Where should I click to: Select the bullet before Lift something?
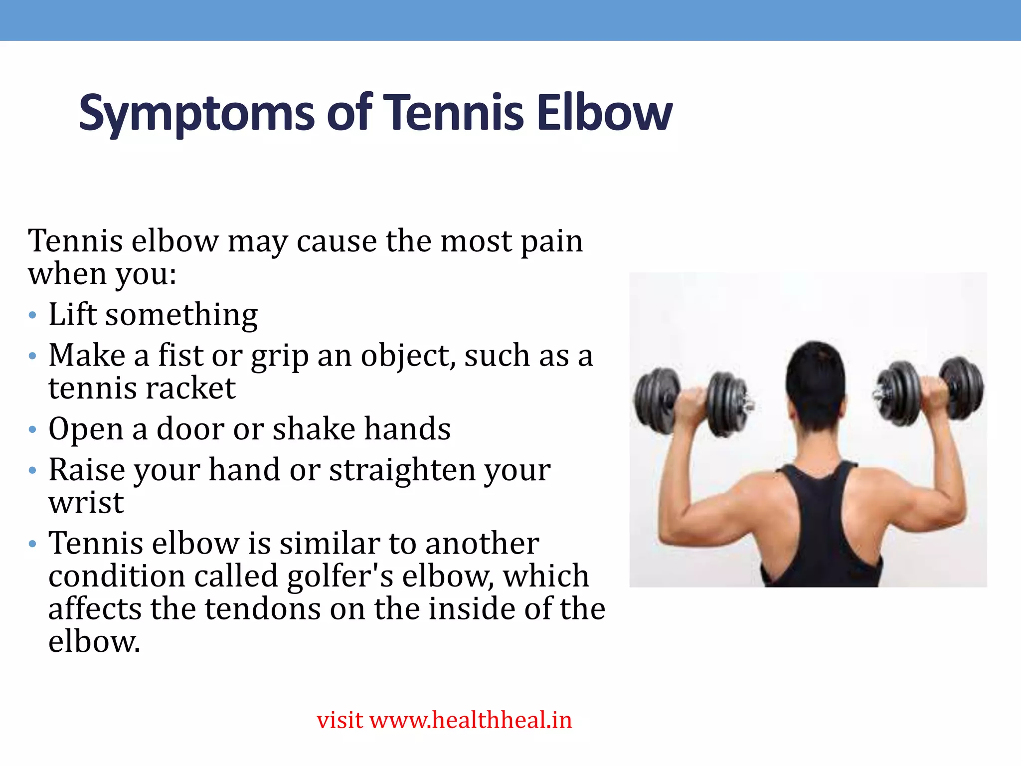(33, 316)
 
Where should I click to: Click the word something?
(181, 316)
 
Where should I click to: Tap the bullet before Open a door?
(33, 429)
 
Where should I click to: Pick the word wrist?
(86, 503)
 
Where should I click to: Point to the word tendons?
(263, 609)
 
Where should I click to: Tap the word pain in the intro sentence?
(551, 242)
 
